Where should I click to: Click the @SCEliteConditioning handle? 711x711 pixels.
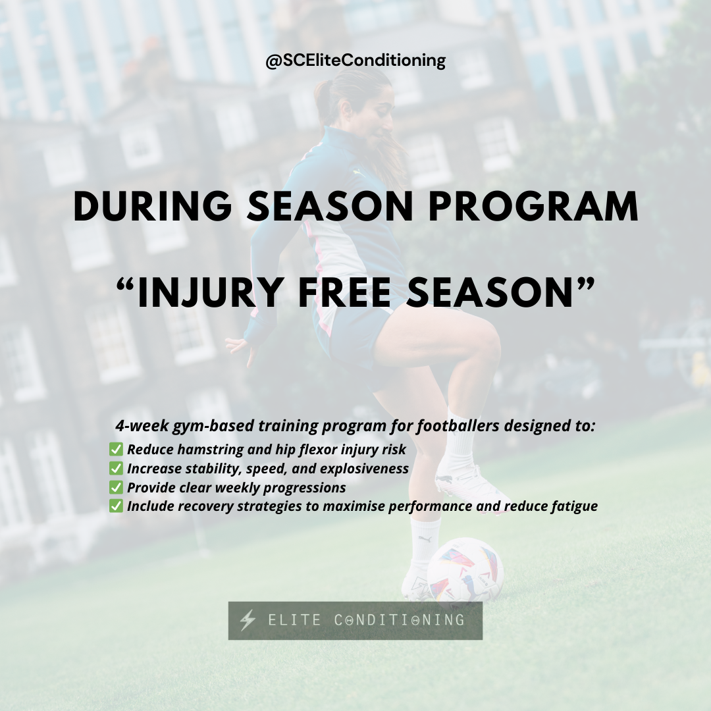pos(355,61)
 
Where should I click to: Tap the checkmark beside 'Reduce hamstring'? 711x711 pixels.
pos(116,450)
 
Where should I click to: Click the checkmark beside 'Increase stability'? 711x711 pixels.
pos(116,469)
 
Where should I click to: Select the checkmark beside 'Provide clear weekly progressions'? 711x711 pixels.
pos(116,488)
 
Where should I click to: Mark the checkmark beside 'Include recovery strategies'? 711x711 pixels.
pos(116,506)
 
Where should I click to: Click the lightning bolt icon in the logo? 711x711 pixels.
pos(248,620)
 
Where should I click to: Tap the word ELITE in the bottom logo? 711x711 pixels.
pos(296,620)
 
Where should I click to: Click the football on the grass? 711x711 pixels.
pos(465,569)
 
